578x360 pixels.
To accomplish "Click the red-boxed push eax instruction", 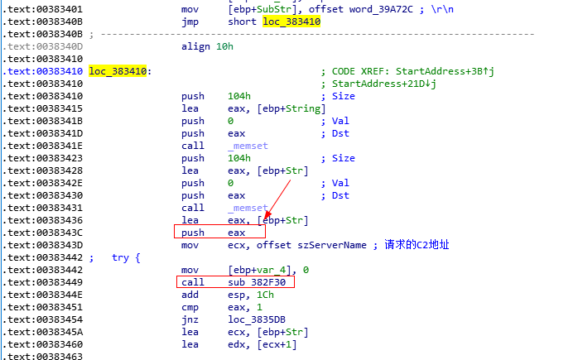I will [219, 233].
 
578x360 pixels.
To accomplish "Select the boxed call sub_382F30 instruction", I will [236, 282].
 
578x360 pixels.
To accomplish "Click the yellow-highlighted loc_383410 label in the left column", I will [118, 71].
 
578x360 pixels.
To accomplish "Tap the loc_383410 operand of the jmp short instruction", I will [291, 22].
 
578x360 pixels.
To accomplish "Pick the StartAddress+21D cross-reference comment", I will [384, 84].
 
